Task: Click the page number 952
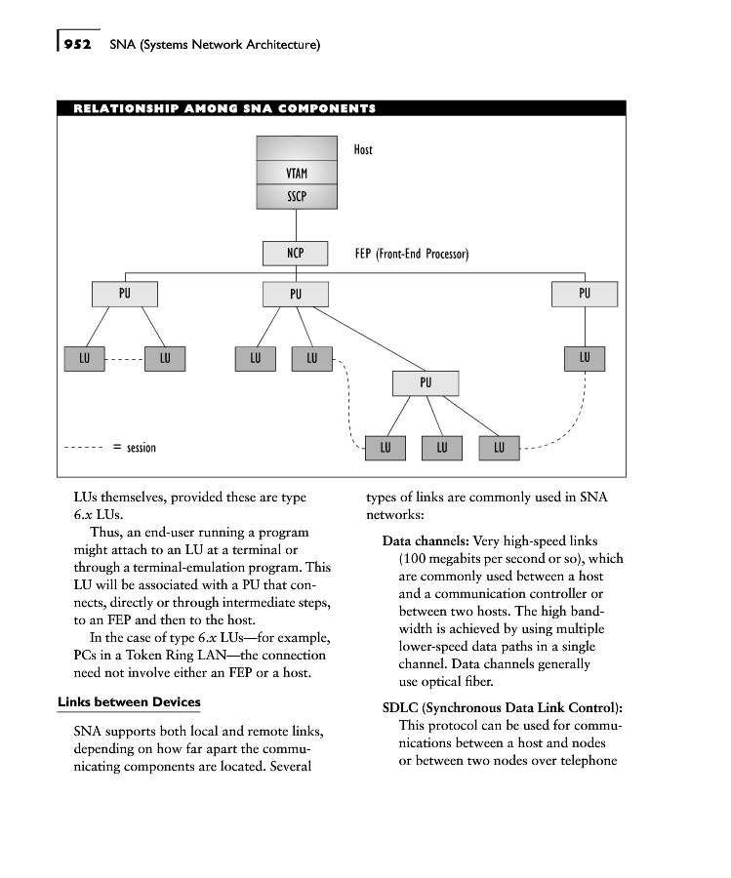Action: click(x=77, y=45)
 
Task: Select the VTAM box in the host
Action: click(x=296, y=174)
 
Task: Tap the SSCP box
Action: click(x=296, y=196)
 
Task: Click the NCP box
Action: click(x=296, y=254)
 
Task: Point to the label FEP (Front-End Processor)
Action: click(x=412, y=255)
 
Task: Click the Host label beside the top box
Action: click(x=363, y=149)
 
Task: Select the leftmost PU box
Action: click(x=124, y=293)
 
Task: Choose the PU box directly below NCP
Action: click(x=296, y=294)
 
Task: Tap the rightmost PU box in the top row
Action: click(x=585, y=293)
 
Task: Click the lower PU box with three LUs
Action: click(x=425, y=382)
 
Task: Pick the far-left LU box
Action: click(x=84, y=359)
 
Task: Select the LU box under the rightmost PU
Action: click(x=585, y=358)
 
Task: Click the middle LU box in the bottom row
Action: click(x=442, y=448)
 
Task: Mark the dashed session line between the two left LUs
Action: click(x=124, y=359)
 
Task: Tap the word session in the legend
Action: click(x=142, y=448)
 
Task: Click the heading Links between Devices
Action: click(x=129, y=702)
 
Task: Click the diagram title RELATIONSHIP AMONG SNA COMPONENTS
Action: click(x=224, y=108)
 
